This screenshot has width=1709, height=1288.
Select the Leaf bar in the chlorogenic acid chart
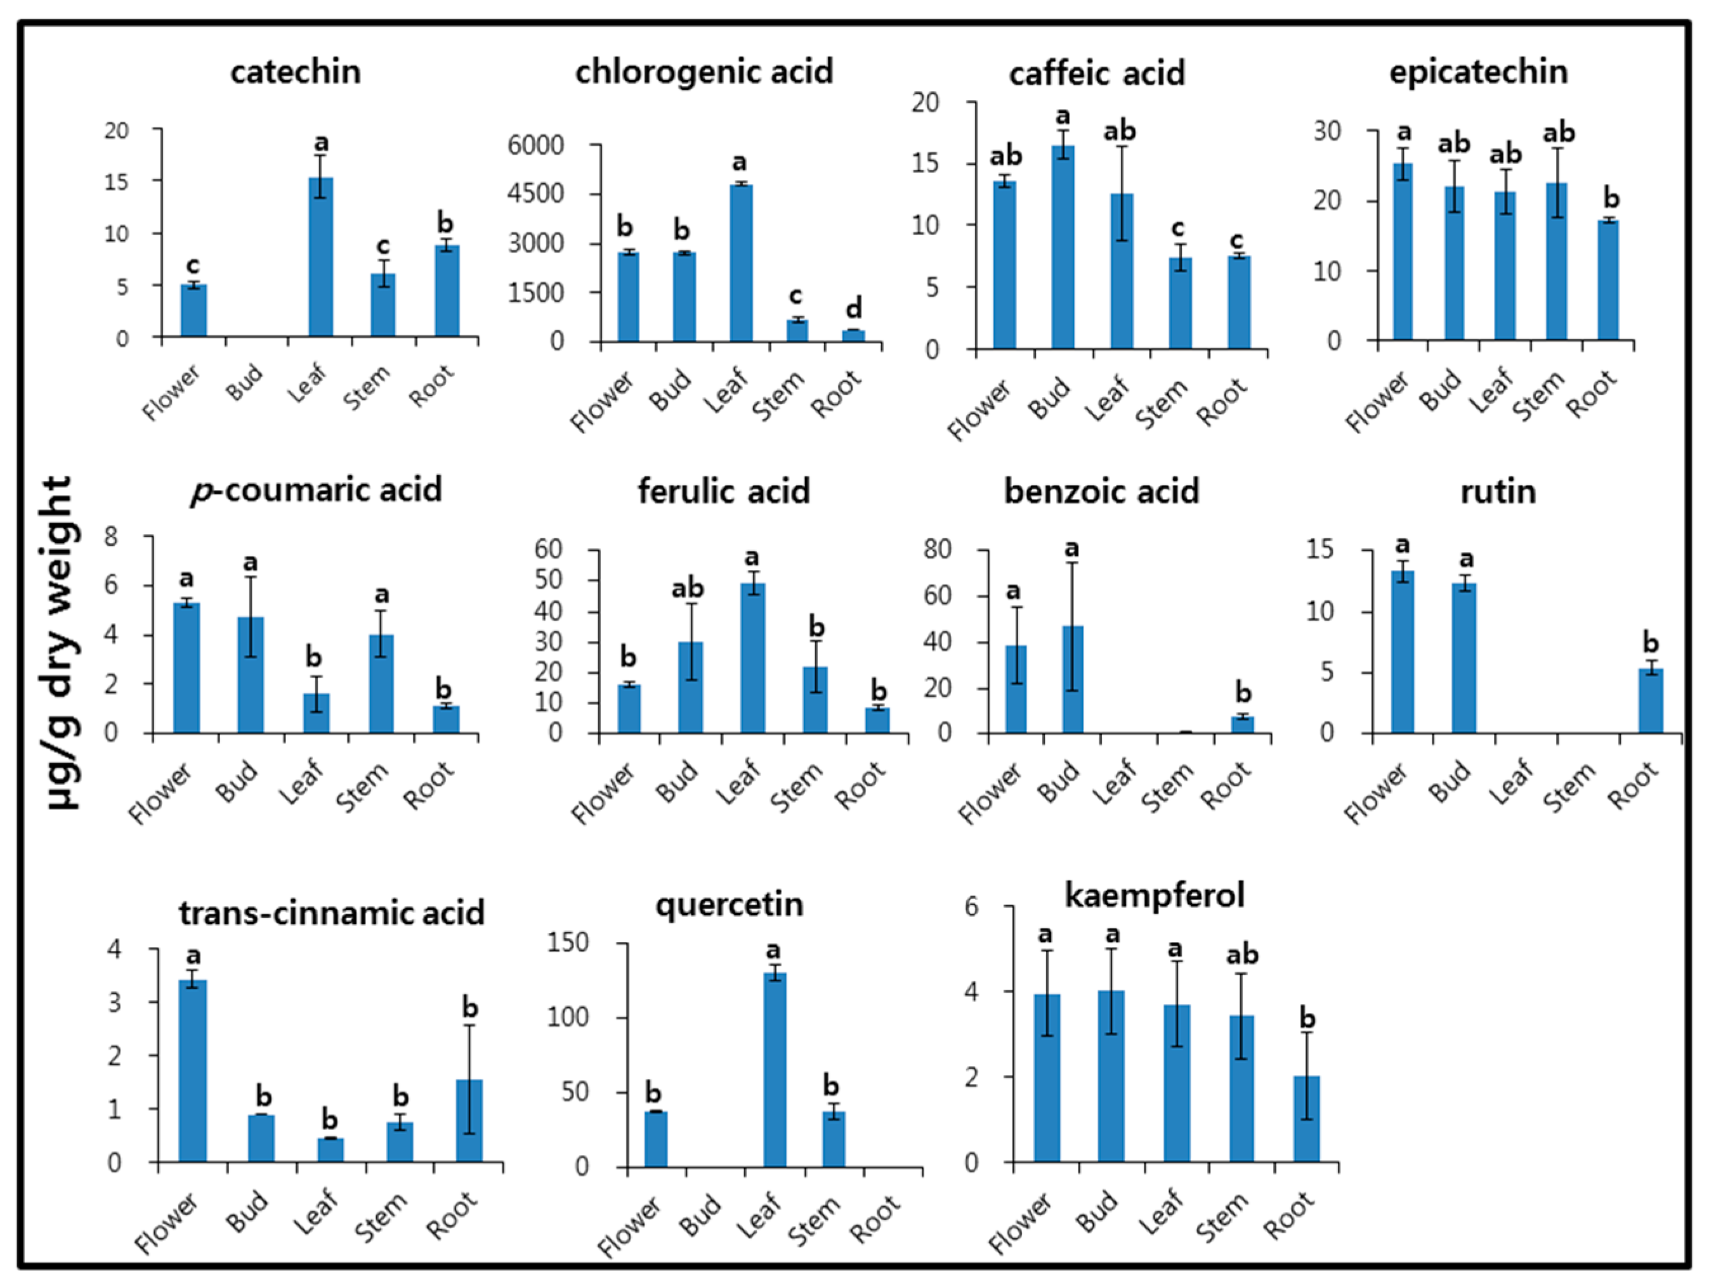coord(741,262)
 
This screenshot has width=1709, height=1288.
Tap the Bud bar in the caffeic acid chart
coord(1063,247)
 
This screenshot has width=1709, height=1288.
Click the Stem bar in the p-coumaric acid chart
coord(381,683)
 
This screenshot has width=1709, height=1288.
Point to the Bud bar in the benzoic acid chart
coord(1072,679)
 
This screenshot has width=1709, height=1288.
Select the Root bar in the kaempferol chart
coord(1306,1119)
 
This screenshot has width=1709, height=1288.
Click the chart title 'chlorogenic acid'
coord(704,72)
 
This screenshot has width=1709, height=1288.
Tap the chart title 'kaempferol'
coord(1155,896)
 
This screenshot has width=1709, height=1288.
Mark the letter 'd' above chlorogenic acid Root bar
coord(853,309)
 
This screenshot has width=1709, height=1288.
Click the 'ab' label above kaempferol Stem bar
coord(1242,955)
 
